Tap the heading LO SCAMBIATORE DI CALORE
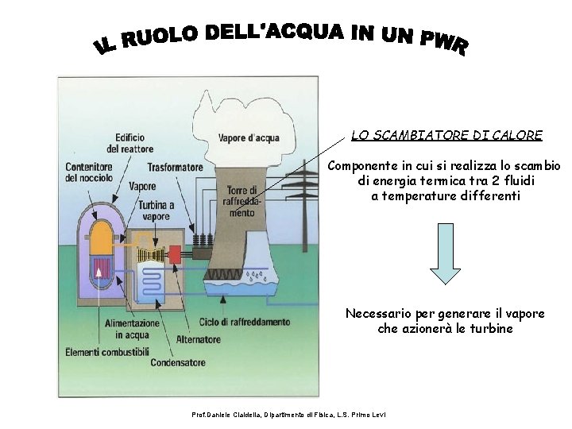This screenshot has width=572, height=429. pos(446,136)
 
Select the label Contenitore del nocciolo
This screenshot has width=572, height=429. pos(89,172)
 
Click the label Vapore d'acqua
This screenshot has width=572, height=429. pos(249,137)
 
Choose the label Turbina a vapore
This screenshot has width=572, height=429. pos(156,210)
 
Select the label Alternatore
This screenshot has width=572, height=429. pos(198,339)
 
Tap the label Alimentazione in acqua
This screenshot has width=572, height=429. pos(132,329)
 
